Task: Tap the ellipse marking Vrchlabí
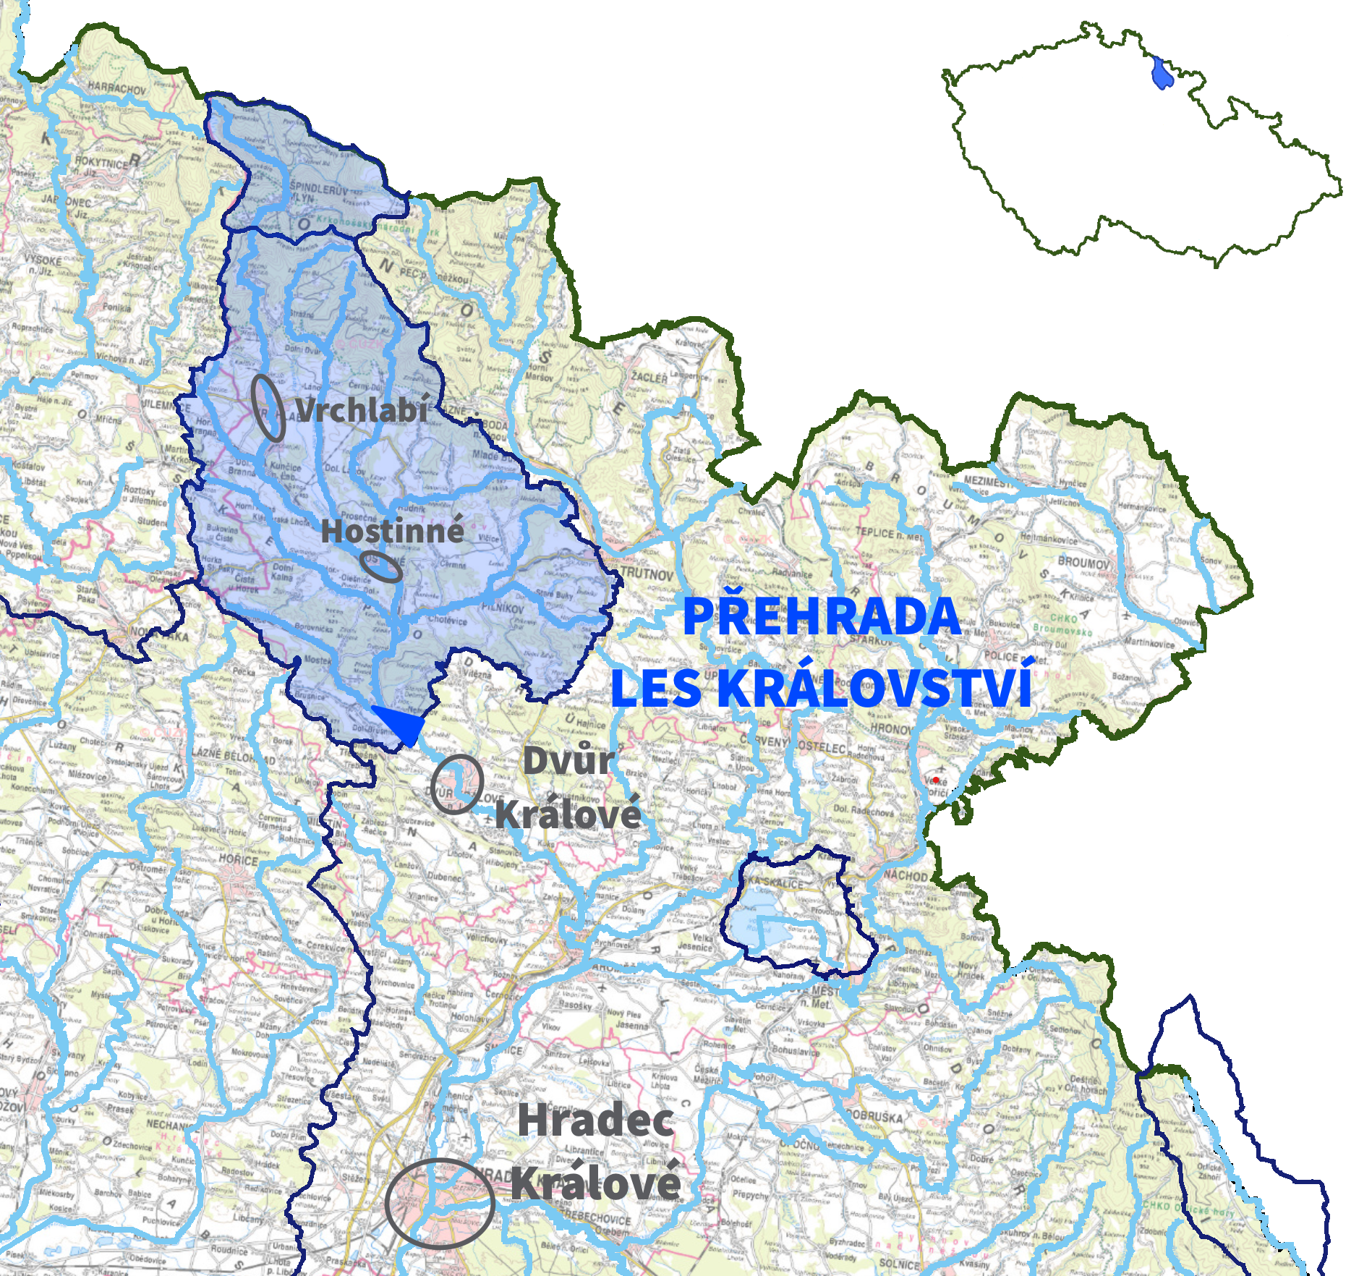pyautogui.click(x=268, y=408)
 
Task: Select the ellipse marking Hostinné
pyautogui.click(x=381, y=566)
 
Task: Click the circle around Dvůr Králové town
pyautogui.click(x=457, y=784)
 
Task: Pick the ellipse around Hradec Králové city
pyautogui.click(x=440, y=1202)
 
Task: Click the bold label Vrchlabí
pyautogui.click(x=362, y=410)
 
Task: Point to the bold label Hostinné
pyautogui.click(x=393, y=531)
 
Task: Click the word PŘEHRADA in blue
pyautogui.click(x=822, y=617)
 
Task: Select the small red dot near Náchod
pyautogui.click(x=936, y=780)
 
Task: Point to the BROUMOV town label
pyautogui.click(x=1083, y=562)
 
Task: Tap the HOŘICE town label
pyautogui.click(x=239, y=860)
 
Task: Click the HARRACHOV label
pyautogui.click(x=116, y=88)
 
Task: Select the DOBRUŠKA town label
pyautogui.click(x=872, y=1116)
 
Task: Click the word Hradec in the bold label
pyautogui.click(x=595, y=1121)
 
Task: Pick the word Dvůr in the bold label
pyautogui.click(x=568, y=760)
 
